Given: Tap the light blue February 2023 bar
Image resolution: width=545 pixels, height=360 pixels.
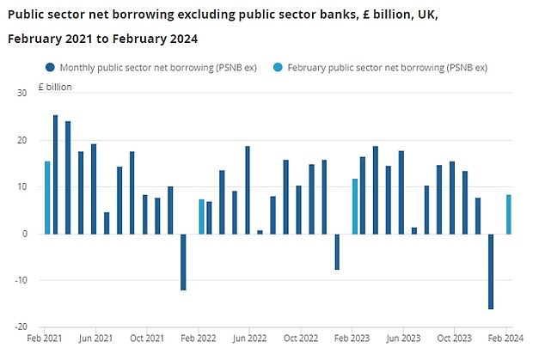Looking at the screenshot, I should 354,206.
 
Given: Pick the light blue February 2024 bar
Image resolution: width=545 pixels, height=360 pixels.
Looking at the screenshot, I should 508,214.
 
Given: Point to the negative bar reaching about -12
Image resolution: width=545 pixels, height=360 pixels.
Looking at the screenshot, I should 183,261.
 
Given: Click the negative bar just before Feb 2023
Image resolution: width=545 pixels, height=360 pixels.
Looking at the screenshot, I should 337,252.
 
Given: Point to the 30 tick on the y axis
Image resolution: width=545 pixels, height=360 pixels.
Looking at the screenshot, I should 22,94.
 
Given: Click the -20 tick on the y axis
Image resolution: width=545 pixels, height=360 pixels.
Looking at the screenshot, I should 21,326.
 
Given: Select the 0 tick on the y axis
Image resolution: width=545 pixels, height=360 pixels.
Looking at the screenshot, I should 25,234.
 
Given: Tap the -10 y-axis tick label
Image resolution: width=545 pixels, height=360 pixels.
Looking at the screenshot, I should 21,280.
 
